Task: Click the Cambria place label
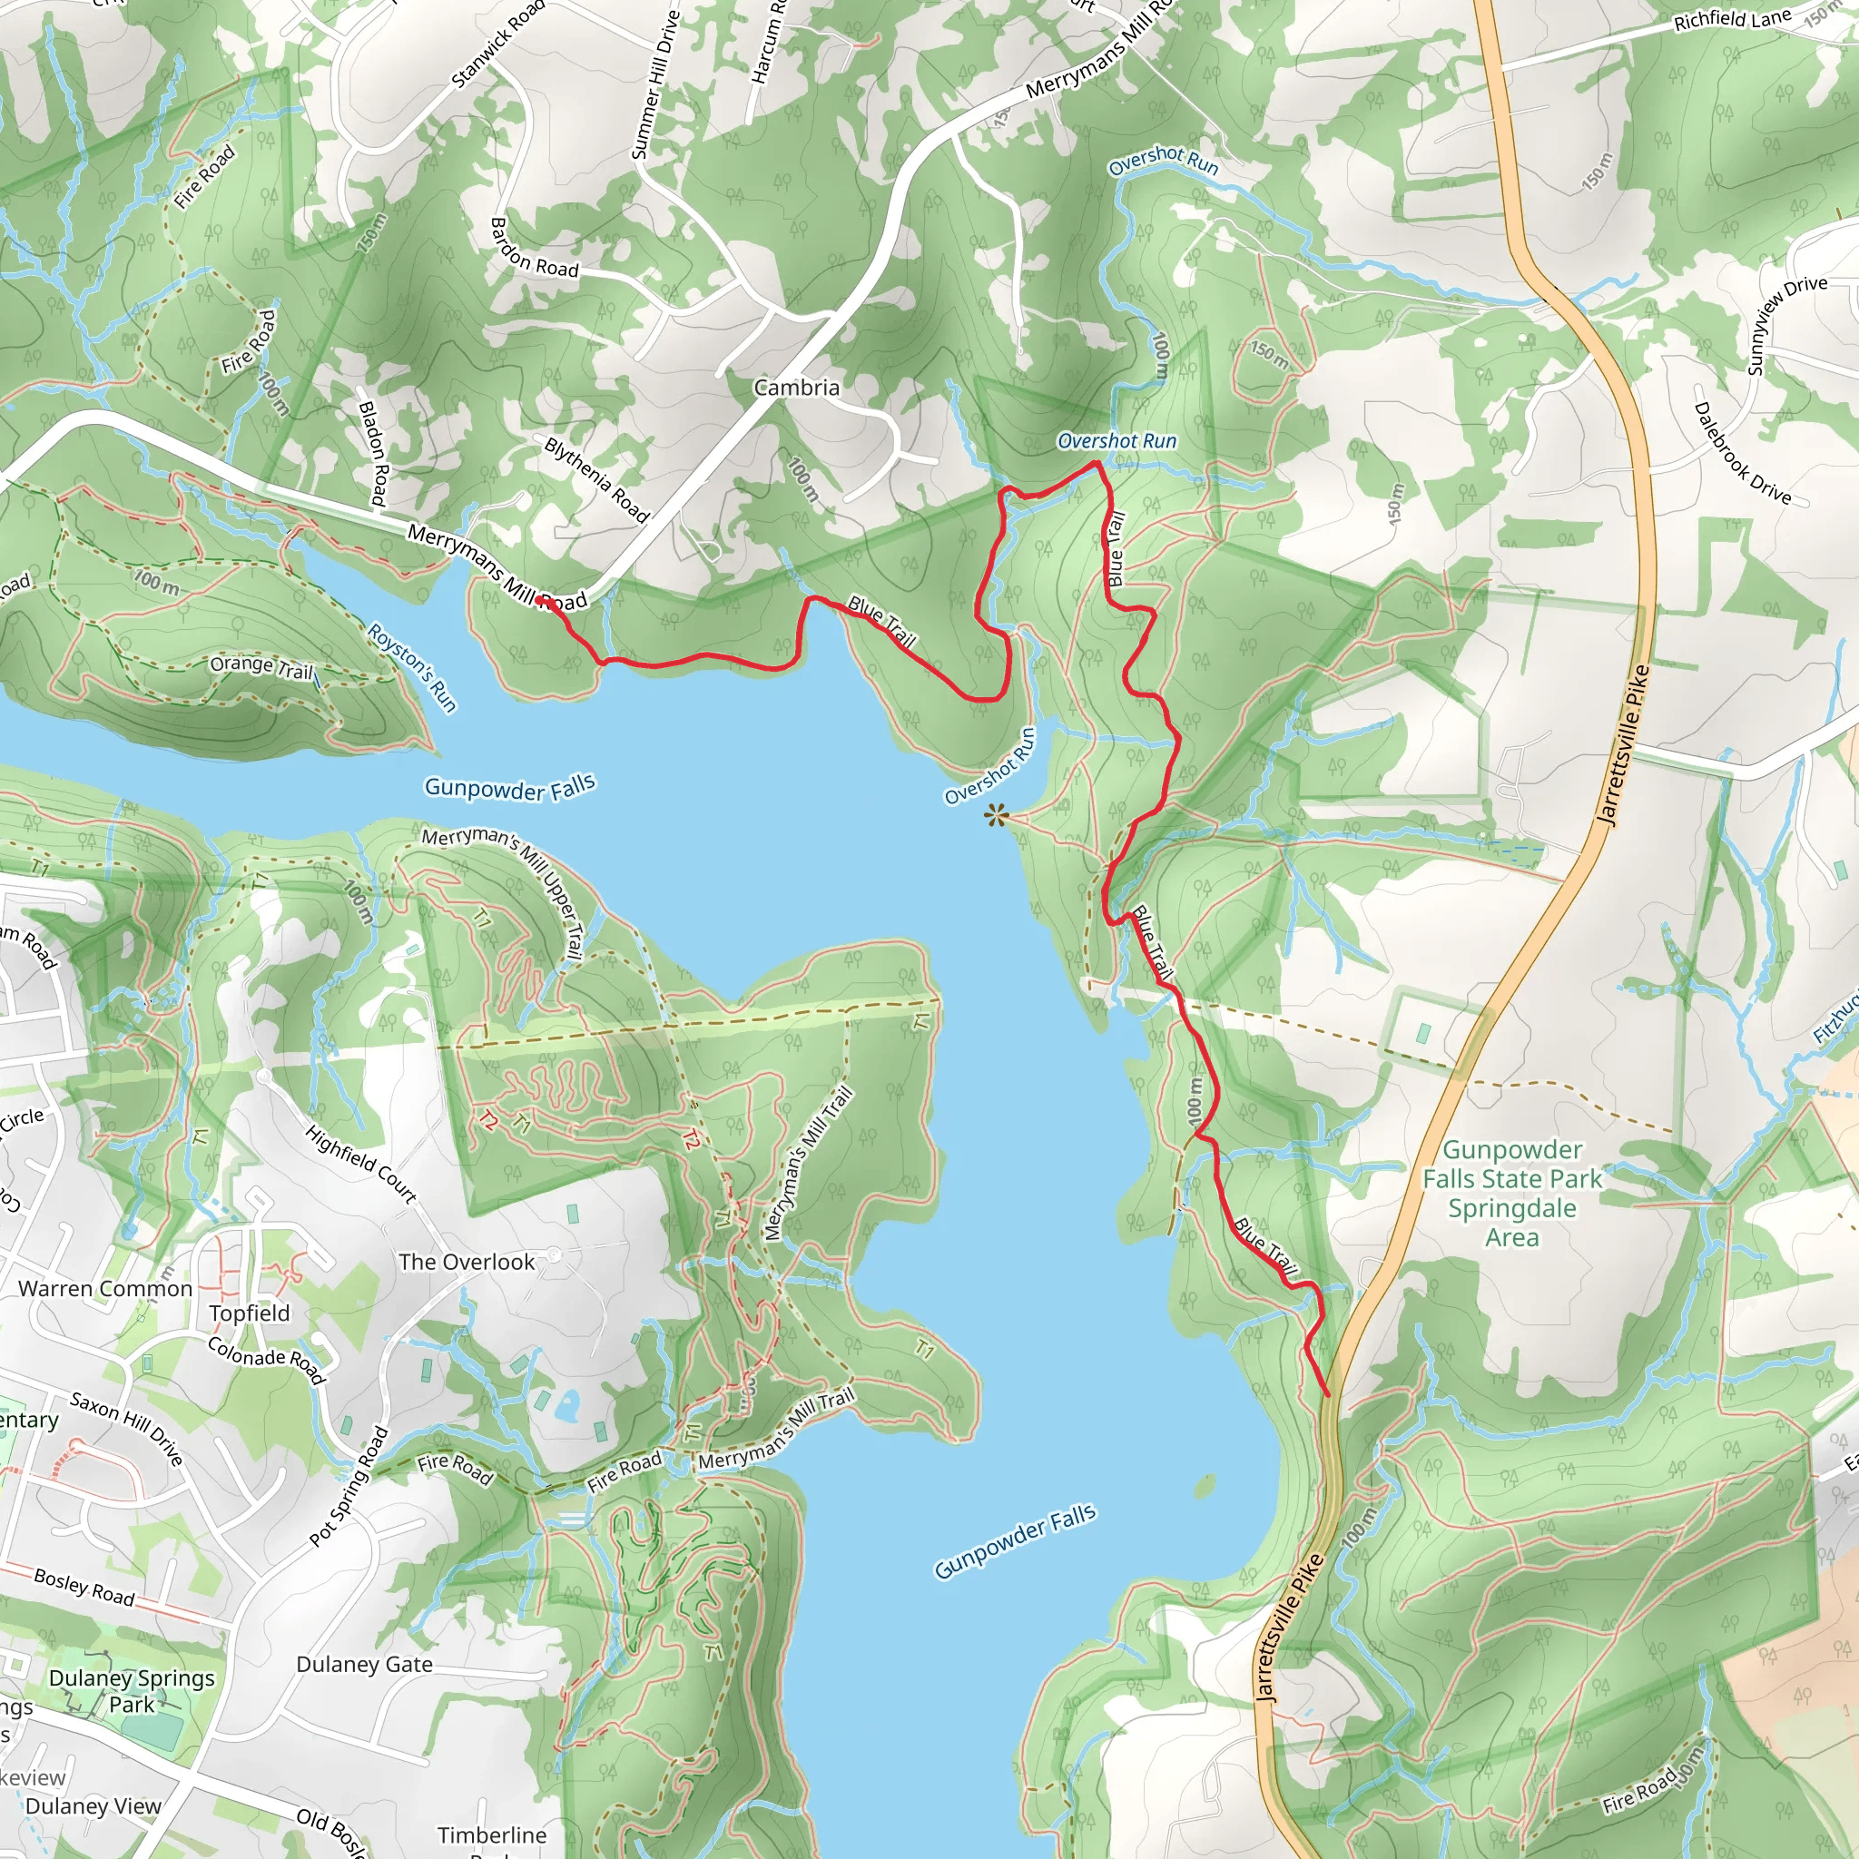pos(796,388)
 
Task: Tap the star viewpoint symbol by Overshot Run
pos(996,818)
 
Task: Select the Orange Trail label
pos(261,666)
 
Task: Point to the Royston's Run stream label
pos(412,667)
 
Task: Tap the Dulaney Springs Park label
pos(132,1690)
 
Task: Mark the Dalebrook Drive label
pos(1742,453)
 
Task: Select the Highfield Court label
pos(361,1165)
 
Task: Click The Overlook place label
pos(467,1263)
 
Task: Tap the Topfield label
pos(250,1313)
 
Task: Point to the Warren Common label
pos(105,1288)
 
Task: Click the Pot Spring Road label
pos(349,1487)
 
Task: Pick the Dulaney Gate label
pos(364,1665)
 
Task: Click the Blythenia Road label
pos(596,479)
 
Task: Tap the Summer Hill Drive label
pos(655,84)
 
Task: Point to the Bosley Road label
pos(84,1586)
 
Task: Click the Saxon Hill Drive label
pos(127,1428)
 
